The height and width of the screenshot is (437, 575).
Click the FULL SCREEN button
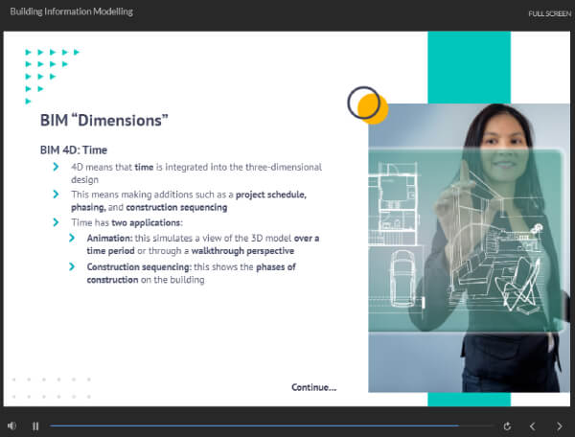point(549,13)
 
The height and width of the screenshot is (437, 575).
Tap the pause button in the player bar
point(35,426)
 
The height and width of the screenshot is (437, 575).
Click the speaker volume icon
point(11,425)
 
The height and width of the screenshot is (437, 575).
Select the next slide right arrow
point(560,426)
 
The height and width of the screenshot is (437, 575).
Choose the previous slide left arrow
point(533,426)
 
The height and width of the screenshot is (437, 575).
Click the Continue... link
point(314,387)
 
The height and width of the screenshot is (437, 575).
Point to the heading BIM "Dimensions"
point(104,120)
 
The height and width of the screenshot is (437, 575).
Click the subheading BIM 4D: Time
point(74,149)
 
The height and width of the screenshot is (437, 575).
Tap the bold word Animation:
point(109,238)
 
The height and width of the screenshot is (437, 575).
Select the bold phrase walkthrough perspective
point(242,251)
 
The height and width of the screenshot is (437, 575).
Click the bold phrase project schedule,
point(271,195)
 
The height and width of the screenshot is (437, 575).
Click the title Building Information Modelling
point(72,11)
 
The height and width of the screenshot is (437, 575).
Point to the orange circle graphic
point(374,108)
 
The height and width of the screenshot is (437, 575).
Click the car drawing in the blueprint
point(402,279)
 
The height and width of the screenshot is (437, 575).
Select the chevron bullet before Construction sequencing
point(72,266)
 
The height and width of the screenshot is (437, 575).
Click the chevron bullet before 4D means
point(56,167)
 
